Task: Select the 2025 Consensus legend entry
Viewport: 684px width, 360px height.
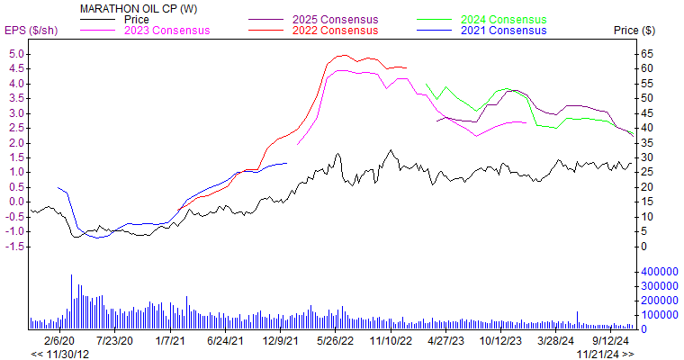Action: click(x=335, y=19)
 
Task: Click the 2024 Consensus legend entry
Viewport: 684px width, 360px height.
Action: click(x=502, y=19)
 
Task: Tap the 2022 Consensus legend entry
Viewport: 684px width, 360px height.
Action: click(x=335, y=31)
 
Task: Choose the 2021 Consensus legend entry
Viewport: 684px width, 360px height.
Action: click(x=502, y=31)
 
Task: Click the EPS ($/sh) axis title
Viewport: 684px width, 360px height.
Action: click(x=31, y=31)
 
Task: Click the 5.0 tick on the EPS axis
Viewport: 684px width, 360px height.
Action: click(x=17, y=54)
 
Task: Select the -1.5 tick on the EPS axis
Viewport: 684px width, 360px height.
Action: click(x=15, y=246)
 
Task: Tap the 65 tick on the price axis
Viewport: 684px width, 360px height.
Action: click(x=645, y=54)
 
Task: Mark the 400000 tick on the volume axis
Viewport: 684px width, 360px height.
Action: click(x=658, y=271)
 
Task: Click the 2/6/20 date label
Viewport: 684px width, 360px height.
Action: click(x=58, y=342)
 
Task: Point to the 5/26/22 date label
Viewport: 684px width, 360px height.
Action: click(x=337, y=342)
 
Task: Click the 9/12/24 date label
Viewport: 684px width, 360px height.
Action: click(x=614, y=342)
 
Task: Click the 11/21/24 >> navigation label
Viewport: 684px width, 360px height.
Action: click(x=605, y=354)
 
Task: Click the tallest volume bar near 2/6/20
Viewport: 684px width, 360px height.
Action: click(x=72, y=301)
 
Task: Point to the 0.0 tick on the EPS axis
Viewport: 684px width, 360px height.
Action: click(x=17, y=202)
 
